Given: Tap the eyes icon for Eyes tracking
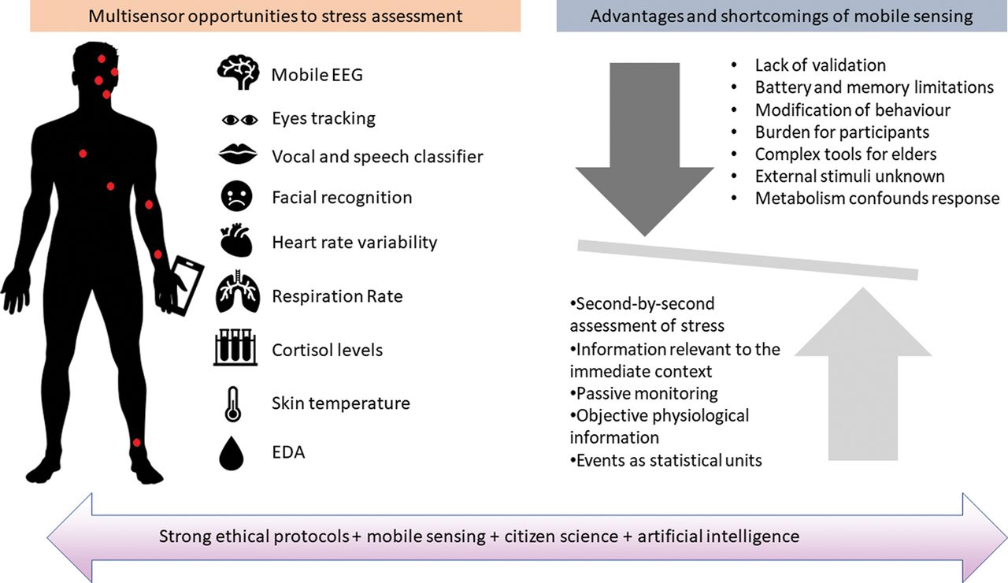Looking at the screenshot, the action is point(240,120).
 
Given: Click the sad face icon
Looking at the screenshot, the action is point(237,196).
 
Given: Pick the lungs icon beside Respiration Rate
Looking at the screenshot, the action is point(238,291).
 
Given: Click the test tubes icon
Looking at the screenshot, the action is point(235,347).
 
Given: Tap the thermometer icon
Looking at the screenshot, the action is point(232,404).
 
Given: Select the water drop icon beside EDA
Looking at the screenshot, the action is point(232,453).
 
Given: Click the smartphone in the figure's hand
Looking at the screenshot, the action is point(187,285).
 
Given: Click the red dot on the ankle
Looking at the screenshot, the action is point(137,443).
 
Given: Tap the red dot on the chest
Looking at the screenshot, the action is point(83,154).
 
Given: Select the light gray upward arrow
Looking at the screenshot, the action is point(862,373).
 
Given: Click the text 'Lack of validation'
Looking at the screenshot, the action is point(821,65).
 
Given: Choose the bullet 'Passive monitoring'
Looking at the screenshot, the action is point(644,393).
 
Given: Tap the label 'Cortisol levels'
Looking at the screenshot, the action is point(327,350).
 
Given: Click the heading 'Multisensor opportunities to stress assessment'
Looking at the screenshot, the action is point(276,17).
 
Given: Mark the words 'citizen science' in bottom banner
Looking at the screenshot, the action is point(561,537).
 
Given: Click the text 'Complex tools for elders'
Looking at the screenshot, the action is point(846,154).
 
